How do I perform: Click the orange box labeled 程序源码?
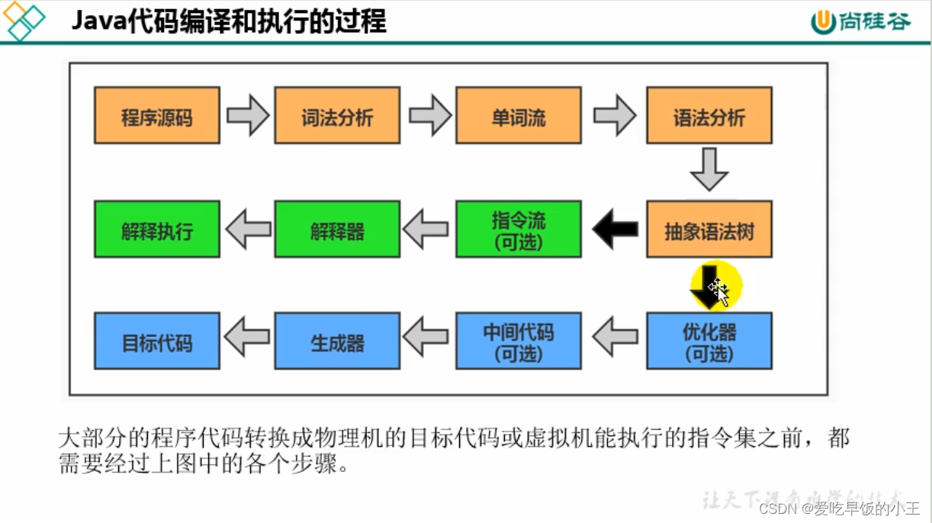pos(157,116)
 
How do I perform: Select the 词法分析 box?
pos(337,116)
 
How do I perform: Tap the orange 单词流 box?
pos(519,116)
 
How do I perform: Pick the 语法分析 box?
pos(709,116)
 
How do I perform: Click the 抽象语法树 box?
pos(709,229)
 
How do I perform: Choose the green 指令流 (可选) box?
pos(519,229)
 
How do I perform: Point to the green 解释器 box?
pos(337,229)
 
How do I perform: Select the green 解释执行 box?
pos(157,229)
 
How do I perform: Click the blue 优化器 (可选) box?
pos(709,341)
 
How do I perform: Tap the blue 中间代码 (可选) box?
pos(519,341)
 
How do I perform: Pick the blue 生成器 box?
pos(337,341)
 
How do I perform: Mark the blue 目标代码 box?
pos(157,341)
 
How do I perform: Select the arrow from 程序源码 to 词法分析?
pos(248,116)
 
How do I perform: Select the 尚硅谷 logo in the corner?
pos(861,21)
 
